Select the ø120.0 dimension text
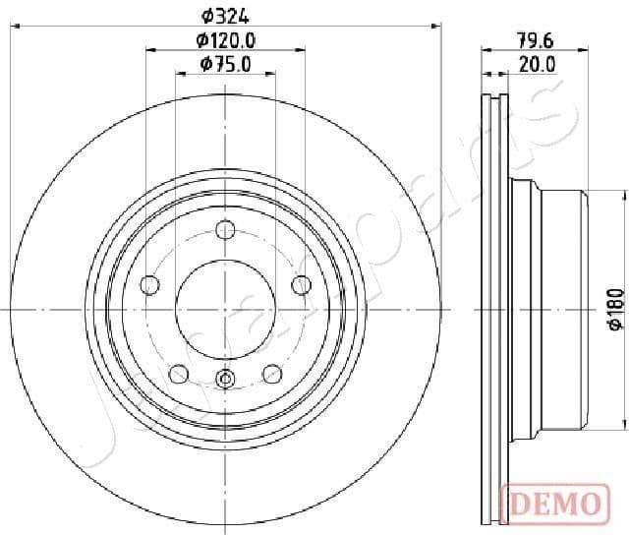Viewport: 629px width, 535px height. point(226,40)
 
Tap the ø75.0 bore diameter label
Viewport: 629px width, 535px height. point(226,64)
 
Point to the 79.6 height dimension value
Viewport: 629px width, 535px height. point(535,40)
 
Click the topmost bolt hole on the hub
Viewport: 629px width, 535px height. point(226,231)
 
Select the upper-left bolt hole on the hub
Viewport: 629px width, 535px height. point(150,285)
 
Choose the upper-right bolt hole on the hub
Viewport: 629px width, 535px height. point(302,285)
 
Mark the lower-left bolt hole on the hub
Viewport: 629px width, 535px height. point(179,373)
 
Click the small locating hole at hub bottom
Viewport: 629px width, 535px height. point(226,379)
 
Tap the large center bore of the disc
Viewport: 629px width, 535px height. point(226,309)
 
